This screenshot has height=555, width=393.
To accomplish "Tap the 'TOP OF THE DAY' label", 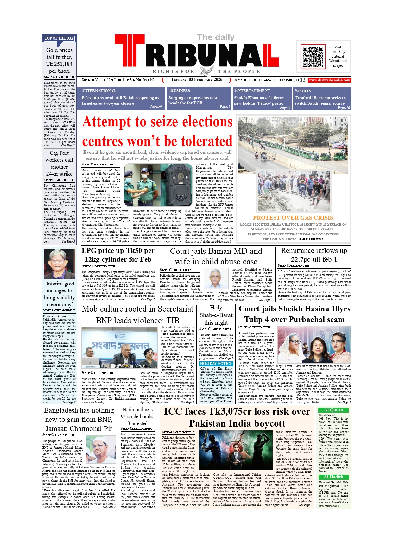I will [x=59, y=38].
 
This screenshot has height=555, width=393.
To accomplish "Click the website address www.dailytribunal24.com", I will [x=329, y=80].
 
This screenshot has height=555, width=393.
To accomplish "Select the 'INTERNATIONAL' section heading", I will [x=99, y=90].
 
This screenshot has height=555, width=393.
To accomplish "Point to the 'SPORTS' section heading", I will [x=303, y=90].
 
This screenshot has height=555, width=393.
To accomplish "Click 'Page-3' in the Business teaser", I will [x=225, y=107].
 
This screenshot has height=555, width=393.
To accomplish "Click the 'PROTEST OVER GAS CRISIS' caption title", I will [x=293, y=218].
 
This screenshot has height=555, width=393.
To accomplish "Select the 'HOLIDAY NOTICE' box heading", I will [x=216, y=364].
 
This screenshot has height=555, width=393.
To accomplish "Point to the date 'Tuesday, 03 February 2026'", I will [x=197, y=80].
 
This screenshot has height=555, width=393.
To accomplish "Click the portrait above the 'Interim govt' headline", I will [x=59, y=264].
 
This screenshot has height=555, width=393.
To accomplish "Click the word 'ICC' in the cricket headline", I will [x=173, y=411].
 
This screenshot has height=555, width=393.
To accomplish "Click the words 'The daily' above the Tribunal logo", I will [x=216, y=37].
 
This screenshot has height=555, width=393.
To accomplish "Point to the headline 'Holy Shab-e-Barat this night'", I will [x=216, y=315].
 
